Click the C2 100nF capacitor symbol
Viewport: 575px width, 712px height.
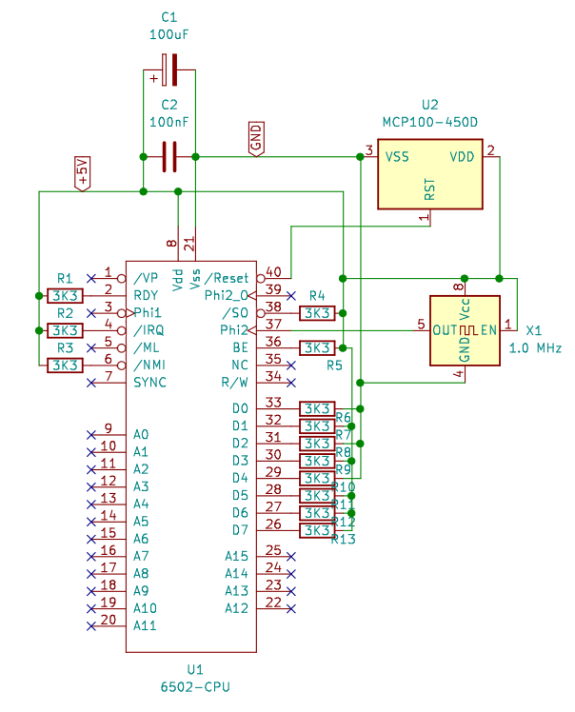tap(169, 156)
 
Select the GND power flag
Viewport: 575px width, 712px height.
tap(255, 138)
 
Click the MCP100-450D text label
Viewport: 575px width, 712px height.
tap(430, 123)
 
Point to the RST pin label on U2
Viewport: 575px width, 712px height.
tap(430, 191)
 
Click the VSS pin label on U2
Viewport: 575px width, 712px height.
tap(397, 156)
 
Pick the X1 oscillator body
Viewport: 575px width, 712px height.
tap(465, 330)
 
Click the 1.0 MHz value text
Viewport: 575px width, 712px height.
tap(537, 347)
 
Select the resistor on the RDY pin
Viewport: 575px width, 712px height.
tap(65, 295)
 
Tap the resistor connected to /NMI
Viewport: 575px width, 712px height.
tap(65, 365)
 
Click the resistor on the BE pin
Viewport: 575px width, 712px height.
tap(316, 347)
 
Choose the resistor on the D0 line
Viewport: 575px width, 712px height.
tap(316, 408)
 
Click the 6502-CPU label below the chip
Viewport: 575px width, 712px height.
tap(195, 685)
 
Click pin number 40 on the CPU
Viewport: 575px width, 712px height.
tap(273, 272)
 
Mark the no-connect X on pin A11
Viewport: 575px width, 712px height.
tap(90, 625)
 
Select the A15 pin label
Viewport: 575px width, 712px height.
tap(237, 556)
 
